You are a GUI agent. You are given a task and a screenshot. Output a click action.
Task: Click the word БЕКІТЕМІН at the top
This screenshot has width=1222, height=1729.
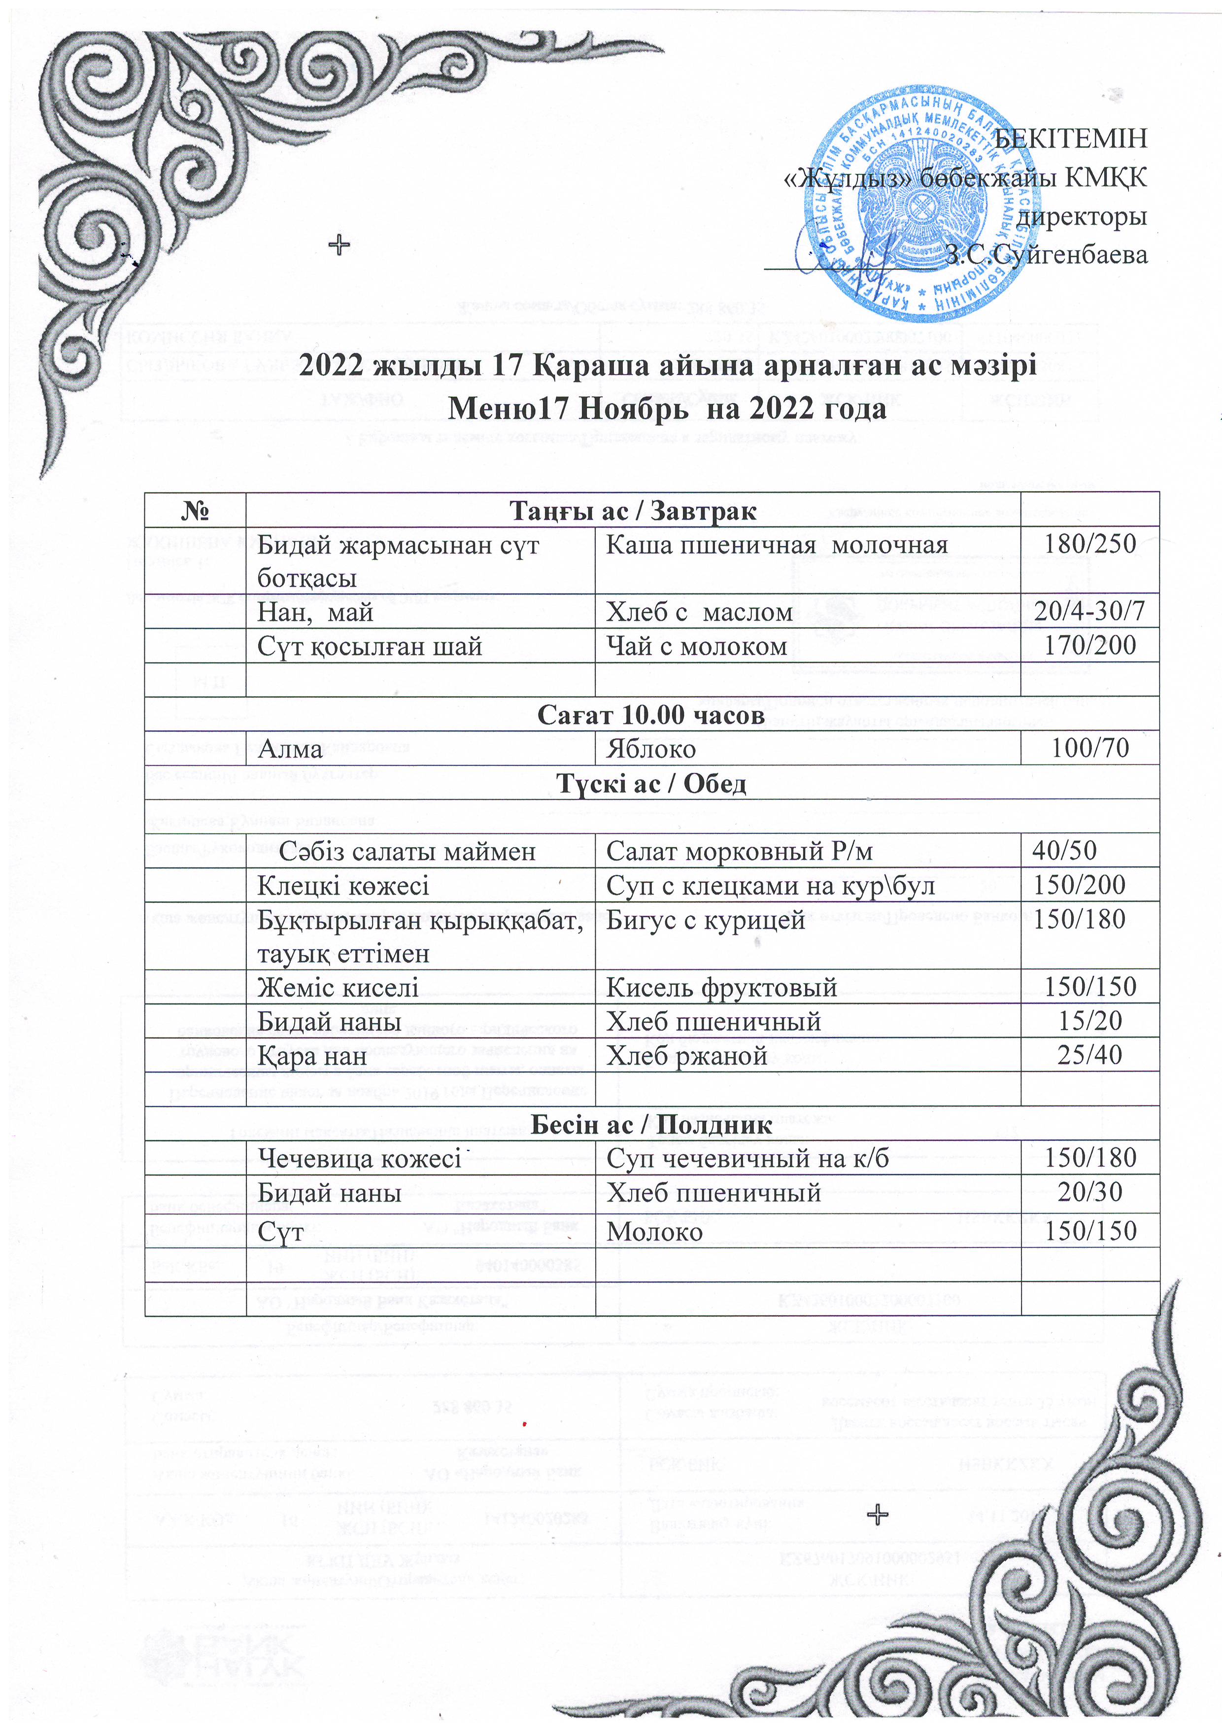tap(1071, 138)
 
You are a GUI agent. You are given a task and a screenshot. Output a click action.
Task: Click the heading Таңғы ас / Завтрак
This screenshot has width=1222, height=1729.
tap(633, 511)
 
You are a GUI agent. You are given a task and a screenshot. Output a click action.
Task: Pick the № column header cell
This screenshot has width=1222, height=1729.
tap(195, 511)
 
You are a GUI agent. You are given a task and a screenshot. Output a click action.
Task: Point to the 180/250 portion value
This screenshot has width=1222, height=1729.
tap(1089, 544)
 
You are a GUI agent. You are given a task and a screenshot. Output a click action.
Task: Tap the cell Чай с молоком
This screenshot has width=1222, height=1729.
tap(696, 646)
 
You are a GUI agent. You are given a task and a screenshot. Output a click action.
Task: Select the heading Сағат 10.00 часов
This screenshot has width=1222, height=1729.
tap(651, 715)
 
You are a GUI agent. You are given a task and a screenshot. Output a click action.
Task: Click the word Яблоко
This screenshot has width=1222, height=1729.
tap(650, 749)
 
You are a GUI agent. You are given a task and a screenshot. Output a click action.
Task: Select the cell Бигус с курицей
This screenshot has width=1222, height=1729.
tap(706, 920)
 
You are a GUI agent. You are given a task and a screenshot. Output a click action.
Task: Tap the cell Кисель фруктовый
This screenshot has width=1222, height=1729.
tap(721, 987)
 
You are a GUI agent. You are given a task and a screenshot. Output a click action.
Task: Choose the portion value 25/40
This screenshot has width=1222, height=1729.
tap(1089, 1055)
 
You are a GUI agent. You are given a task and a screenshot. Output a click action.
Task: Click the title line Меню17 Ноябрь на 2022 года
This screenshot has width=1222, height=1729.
tap(667, 409)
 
